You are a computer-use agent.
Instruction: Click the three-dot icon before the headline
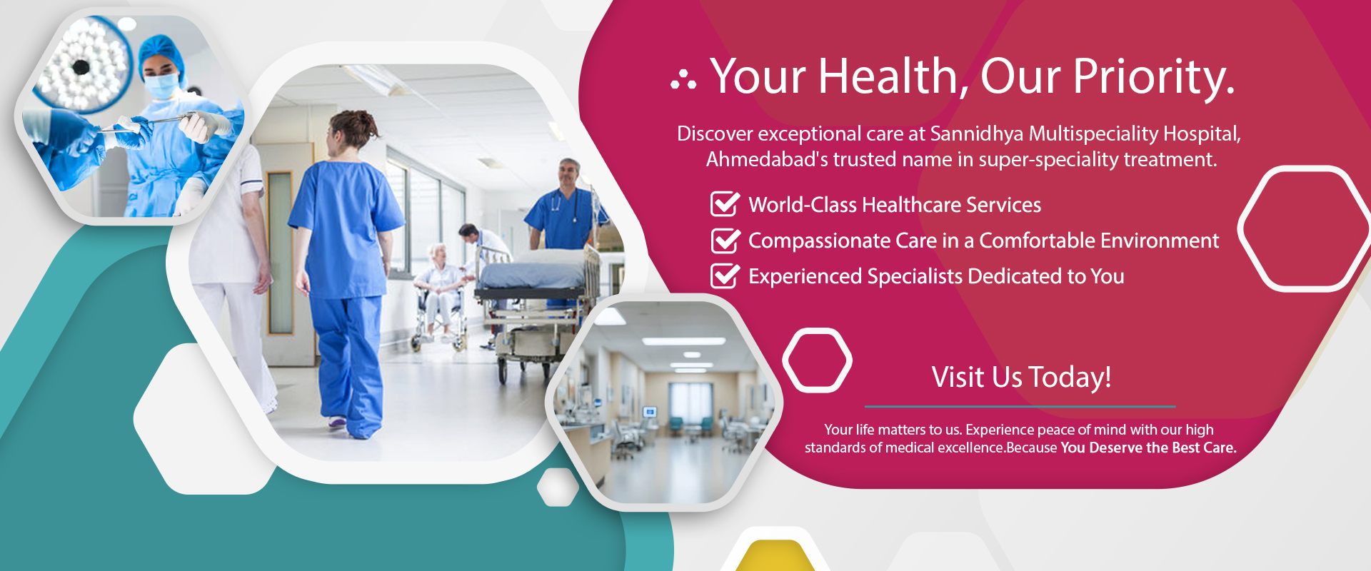coord(683,81)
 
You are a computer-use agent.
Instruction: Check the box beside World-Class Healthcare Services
coord(725,203)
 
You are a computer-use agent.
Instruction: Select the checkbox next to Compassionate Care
coord(725,240)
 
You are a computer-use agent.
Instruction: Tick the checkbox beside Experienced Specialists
coord(725,276)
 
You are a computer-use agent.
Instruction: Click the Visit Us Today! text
coord(1021,377)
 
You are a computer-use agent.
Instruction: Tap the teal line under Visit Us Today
coord(1020,406)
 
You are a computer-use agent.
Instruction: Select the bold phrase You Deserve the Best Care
coord(1148,448)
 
